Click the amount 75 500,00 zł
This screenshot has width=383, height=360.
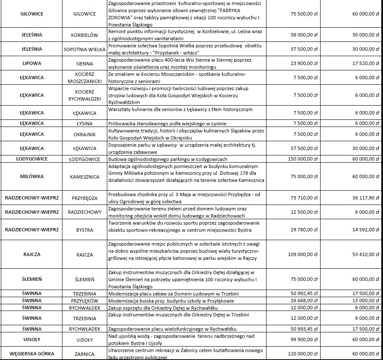pyautogui.click(x=301, y=14)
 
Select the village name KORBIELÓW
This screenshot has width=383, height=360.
pyautogui.click(x=85, y=36)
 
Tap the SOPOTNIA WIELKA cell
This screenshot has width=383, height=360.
pyautogui.click(x=85, y=49)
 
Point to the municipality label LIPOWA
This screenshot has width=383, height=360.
pyautogui.click(x=32, y=64)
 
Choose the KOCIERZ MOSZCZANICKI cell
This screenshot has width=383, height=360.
pyautogui.click(x=85, y=78)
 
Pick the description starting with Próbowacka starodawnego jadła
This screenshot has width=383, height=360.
pyautogui.click(x=176, y=124)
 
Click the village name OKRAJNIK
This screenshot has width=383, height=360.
pyautogui.click(x=85, y=135)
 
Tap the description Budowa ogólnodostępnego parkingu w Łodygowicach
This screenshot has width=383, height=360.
pyautogui.click(x=168, y=159)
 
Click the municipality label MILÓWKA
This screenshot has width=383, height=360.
pyautogui.click(x=32, y=176)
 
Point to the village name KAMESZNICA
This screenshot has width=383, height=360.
pyautogui.click(x=85, y=177)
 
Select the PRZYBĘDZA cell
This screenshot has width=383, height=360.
pyautogui.click(x=85, y=198)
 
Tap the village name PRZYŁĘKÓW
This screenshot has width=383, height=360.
pyautogui.click(x=85, y=301)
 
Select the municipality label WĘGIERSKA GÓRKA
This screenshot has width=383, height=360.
pyautogui.click(x=32, y=354)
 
